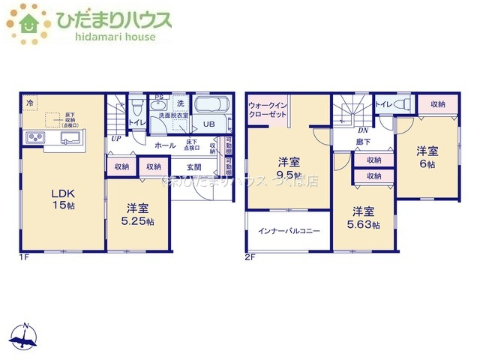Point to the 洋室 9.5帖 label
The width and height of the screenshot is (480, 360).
288,169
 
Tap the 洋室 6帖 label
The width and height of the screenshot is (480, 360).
427,157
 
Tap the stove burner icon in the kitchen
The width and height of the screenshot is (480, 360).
35,137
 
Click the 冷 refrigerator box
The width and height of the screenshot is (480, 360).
31,102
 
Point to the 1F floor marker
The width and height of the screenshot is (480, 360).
25,257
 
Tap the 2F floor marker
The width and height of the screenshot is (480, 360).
250,257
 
